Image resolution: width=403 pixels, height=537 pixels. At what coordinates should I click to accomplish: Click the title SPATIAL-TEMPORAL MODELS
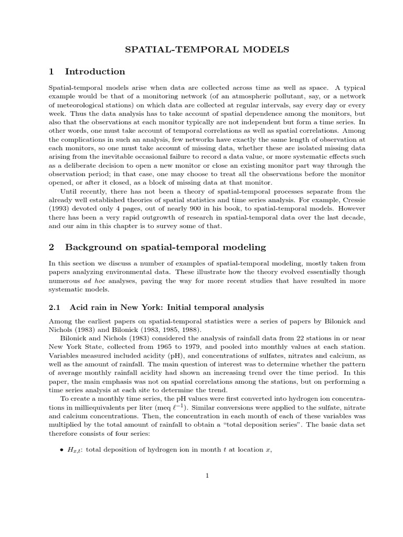[206, 50]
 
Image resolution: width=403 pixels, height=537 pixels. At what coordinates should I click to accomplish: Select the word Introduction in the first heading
[94, 72]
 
